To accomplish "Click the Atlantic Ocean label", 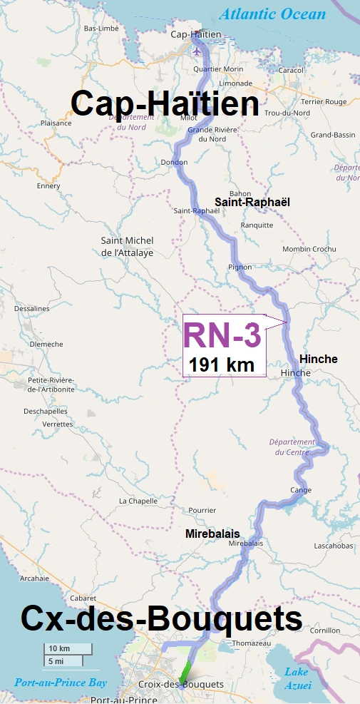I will (273, 14).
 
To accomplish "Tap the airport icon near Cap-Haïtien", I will (197, 51).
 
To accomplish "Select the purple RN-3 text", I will (222, 336).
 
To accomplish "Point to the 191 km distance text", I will (221, 365).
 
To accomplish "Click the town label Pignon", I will (240, 267).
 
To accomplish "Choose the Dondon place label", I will (174, 163).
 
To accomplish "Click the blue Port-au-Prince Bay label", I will (61, 683).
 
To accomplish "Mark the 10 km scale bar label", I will (59, 648).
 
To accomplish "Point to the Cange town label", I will (301, 490).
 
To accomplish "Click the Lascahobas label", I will (334, 546).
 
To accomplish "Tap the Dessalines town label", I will (31, 309).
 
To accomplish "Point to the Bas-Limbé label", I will (101, 29).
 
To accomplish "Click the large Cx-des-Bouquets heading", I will (161, 618).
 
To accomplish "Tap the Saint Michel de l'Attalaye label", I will (127, 247).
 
